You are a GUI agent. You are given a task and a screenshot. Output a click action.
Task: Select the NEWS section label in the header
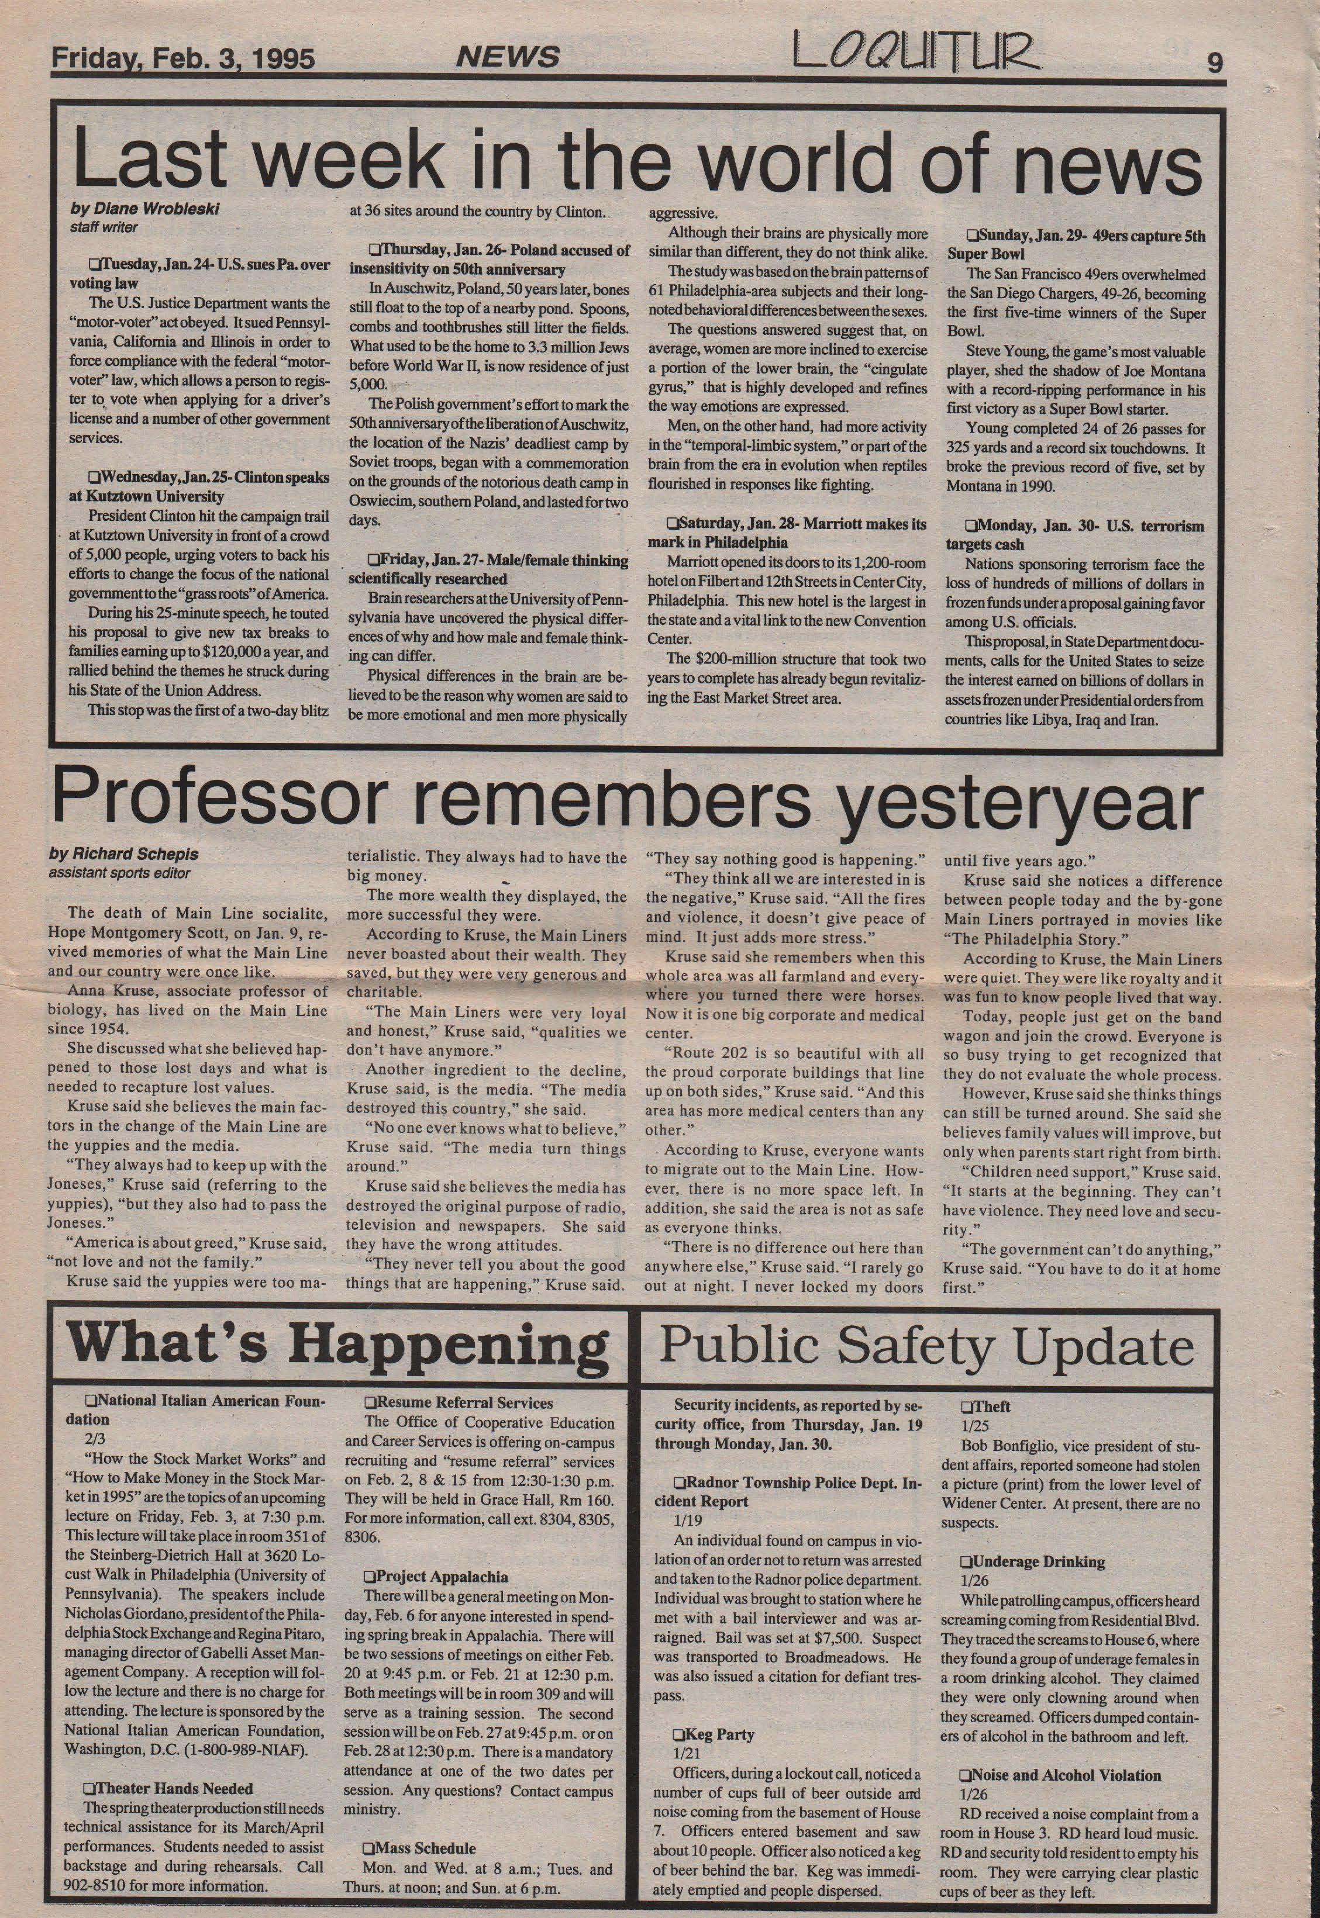[x=508, y=57]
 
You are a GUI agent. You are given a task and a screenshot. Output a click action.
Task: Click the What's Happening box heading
[x=337, y=1345]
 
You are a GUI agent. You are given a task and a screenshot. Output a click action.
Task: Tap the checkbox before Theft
[x=965, y=1406]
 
